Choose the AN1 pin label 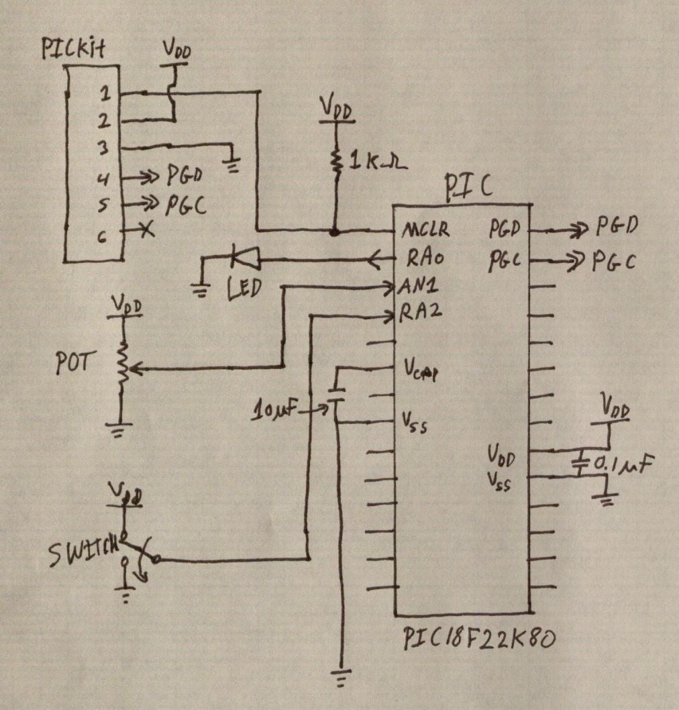point(420,287)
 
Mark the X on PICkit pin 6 point(144,230)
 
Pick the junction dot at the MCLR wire point(333,232)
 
